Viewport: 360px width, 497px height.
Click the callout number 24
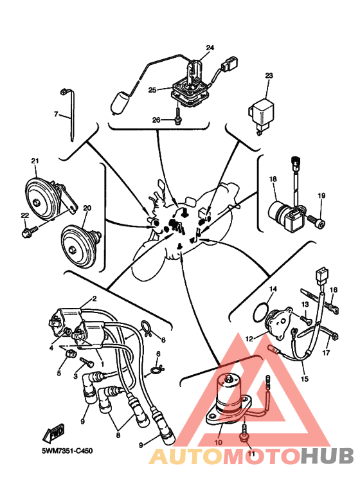pos(210,48)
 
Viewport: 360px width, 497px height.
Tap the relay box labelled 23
pos(262,114)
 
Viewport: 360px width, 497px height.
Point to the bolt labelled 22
pos(30,231)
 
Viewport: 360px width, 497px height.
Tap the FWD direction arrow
pos(54,432)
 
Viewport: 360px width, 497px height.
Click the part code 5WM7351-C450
pos(67,451)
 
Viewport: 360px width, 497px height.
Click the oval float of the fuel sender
pos(120,102)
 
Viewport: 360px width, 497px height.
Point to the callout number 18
pos(273,179)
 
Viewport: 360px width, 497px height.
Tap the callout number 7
pos(56,114)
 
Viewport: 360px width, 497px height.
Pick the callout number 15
pos(304,379)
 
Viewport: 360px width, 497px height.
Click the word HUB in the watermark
pos(327,456)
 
